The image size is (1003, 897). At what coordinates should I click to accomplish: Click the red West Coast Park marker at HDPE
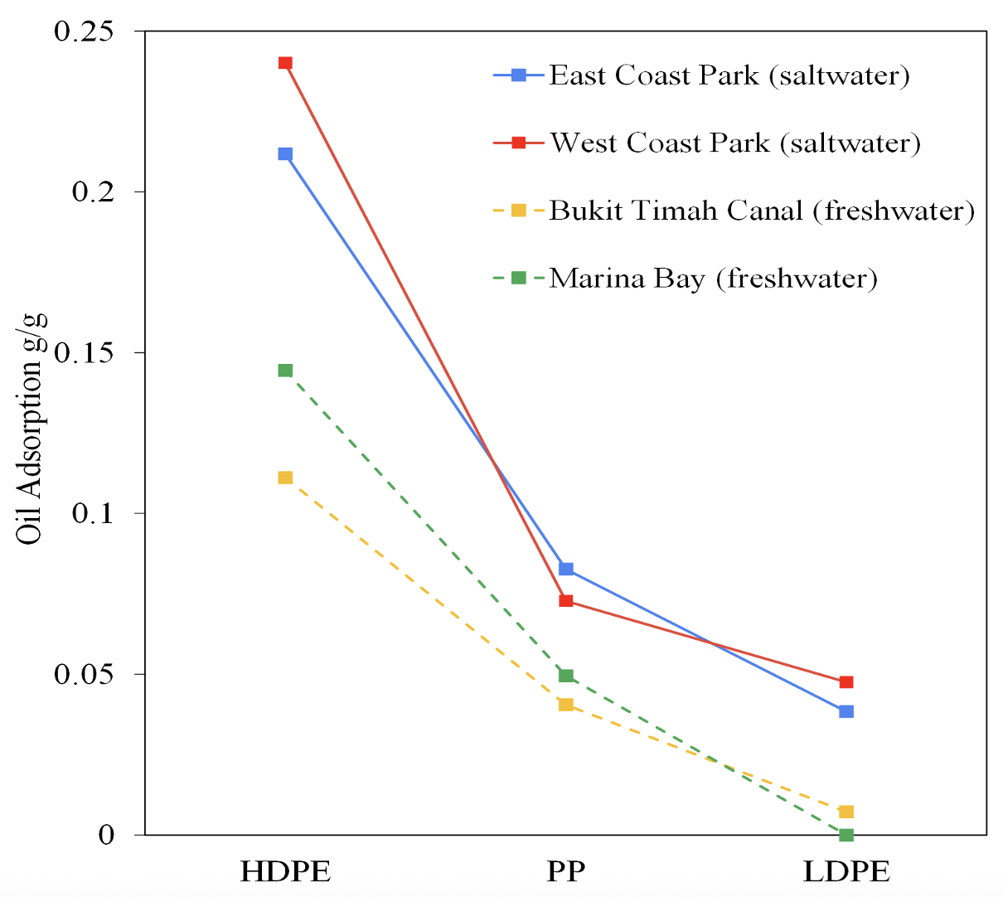[x=285, y=63]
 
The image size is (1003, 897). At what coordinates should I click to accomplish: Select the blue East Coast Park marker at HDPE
[x=285, y=154]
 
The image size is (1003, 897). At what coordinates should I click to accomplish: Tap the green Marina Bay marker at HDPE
[x=285, y=371]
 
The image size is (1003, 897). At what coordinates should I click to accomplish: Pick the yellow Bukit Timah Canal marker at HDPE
[x=285, y=478]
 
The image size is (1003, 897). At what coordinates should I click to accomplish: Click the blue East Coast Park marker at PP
[x=566, y=570]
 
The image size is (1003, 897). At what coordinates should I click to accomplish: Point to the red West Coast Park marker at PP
[x=566, y=601]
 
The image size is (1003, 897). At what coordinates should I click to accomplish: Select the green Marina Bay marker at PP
[x=566, y=676]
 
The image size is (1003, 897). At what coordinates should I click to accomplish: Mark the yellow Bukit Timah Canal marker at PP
[x=566, y=705]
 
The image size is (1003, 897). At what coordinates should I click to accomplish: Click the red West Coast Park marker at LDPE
[x=846, y=682]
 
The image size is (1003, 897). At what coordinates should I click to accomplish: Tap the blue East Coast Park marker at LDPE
[x=846, y=711]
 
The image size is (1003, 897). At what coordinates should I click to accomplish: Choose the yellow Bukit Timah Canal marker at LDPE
[x=846, y=812]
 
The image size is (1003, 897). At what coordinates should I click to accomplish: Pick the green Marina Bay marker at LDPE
[x=846, y=834]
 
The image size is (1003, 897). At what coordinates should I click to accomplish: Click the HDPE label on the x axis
[x=285, y=872]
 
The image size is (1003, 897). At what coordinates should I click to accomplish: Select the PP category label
[x=566, y=872]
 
